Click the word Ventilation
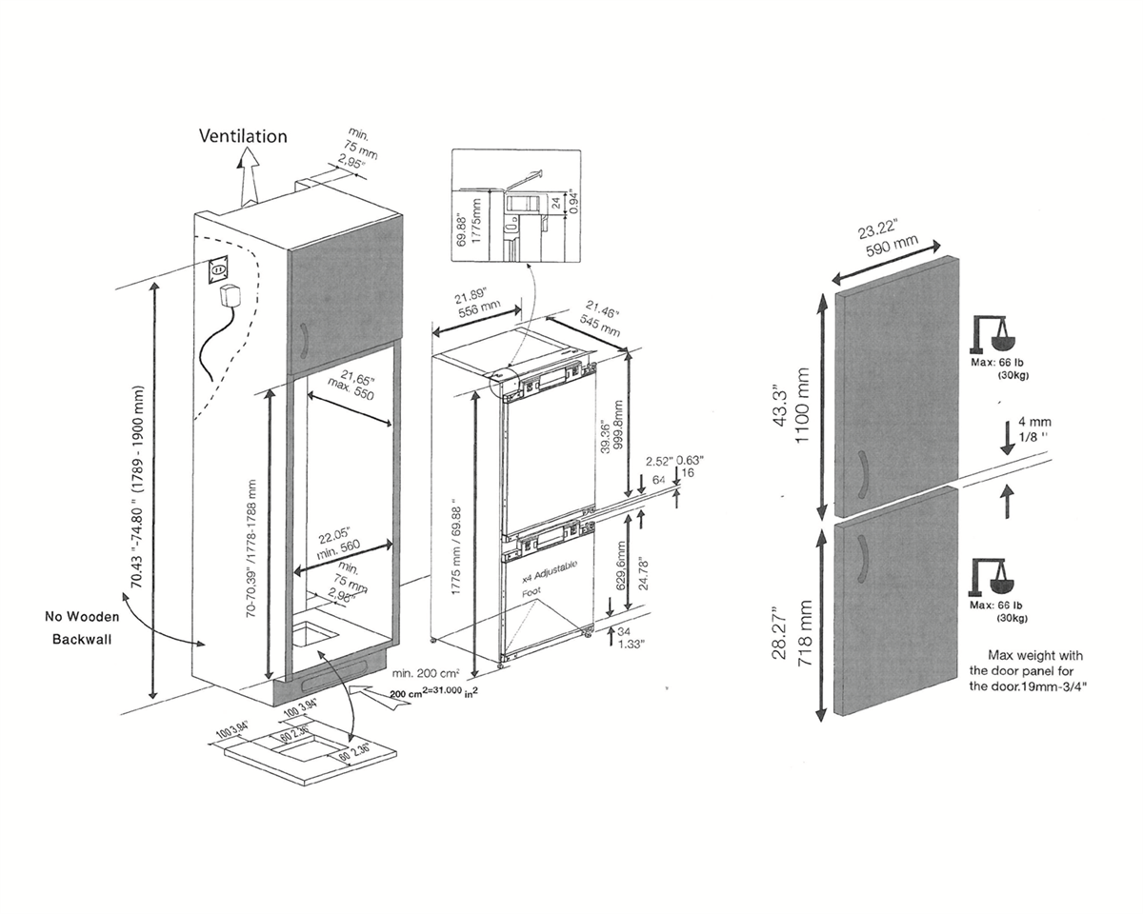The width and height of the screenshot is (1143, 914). tap(242, 136)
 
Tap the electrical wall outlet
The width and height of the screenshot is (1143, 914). tap(221, 270)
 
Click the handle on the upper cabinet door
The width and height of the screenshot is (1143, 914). tap(303, 340)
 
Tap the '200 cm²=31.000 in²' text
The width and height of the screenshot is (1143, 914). tap(433, 694)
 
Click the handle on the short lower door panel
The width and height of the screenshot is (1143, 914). tap(863, 557)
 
